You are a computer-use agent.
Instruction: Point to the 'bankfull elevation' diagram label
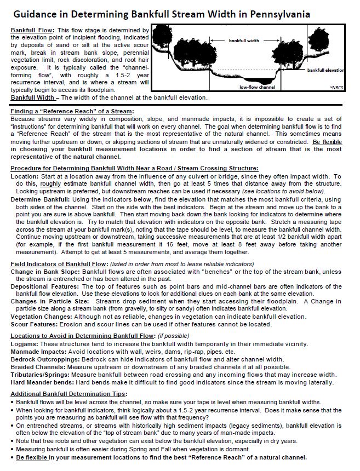coord(326,71)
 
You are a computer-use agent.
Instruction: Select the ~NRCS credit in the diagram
coord(335,87)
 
